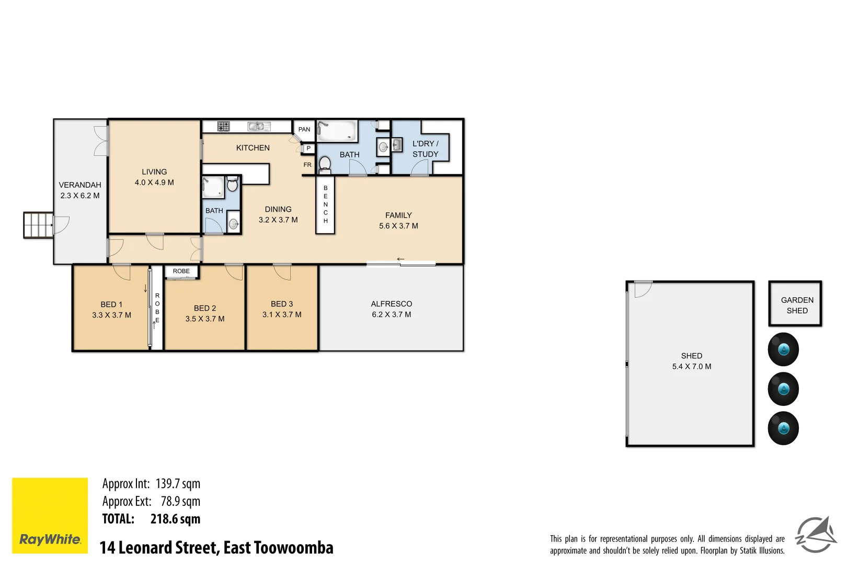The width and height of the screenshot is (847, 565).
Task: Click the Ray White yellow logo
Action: click(50, 515)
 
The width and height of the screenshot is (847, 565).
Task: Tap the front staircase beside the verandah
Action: click(38, 225)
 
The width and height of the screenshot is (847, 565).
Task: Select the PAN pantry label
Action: click(304, 129)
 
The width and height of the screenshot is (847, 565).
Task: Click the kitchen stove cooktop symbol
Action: click(224, 126)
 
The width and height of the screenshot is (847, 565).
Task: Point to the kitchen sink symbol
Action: click(258, 126)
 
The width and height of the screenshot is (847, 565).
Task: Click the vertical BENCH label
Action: click(325, 205)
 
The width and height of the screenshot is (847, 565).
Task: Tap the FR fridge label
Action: click(307, 165)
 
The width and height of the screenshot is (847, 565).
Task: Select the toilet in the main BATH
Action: click(325, 164)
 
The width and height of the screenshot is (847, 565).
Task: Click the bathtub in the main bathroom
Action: click(337, 131)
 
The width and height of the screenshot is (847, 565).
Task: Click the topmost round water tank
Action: click(783, 349)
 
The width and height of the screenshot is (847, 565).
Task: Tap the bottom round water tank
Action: click(783, 428)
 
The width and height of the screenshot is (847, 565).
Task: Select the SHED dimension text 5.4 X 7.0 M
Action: click(691, 367)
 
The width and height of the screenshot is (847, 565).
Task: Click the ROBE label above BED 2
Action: click(181, 271)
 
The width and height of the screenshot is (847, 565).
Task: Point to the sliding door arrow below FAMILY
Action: click(400, 259)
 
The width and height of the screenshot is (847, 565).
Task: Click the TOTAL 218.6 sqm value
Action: click(175, 519)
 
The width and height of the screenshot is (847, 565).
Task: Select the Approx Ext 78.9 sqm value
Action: click(180, 501)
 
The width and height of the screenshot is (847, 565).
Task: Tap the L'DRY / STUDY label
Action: click(425, 149)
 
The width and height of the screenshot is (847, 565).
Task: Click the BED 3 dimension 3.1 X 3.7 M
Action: click(282, 314)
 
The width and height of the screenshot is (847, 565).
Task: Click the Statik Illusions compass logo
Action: click(816, 535)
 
